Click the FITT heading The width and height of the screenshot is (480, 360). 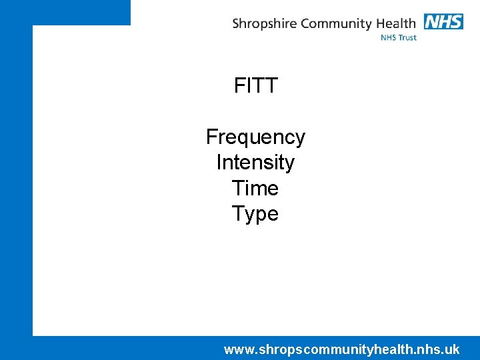255,86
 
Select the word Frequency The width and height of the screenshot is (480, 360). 255,137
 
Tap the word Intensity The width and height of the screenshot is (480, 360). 255,163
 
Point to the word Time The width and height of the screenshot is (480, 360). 255,188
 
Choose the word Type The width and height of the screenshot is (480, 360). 255,214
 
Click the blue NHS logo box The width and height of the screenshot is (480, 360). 443,21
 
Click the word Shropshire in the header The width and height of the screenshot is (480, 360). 264,24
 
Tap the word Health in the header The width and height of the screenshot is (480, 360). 397,23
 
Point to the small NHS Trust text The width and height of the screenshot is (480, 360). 399,38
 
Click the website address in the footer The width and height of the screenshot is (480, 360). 341,349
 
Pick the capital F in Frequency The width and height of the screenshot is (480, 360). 211,137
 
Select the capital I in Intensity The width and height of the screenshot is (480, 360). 219,163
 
